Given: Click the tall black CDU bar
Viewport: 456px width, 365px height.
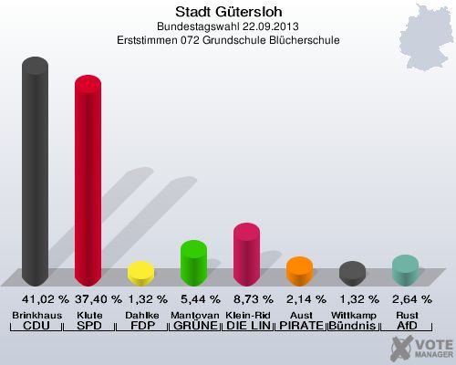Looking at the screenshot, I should pos(36,173).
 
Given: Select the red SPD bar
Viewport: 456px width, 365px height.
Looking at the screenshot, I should pos(88,182).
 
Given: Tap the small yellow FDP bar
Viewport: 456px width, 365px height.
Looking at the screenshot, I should pos(140,274).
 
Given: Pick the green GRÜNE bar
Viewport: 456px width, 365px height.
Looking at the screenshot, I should pos(193,263).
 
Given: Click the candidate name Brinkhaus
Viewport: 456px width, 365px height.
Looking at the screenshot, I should pos(36,314).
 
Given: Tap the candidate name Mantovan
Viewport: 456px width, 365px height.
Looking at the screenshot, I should pos(193,314).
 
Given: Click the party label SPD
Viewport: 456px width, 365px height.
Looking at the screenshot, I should pos(88,326).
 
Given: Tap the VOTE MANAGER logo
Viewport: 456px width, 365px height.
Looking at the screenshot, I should pos(420,348).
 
